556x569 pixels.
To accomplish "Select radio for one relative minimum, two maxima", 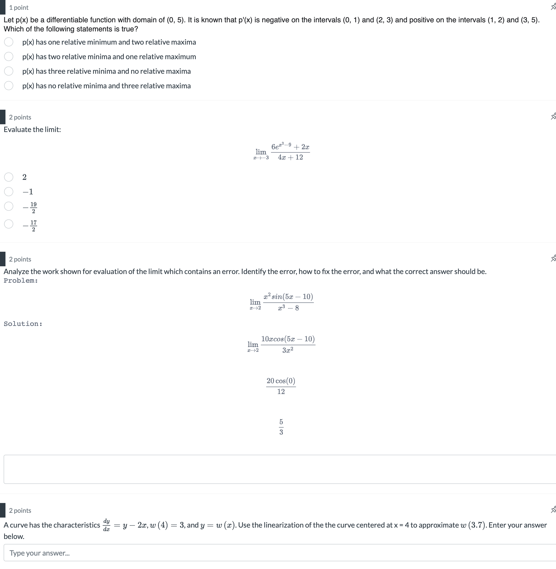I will point(9,42).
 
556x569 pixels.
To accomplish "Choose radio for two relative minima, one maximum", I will point(9,57).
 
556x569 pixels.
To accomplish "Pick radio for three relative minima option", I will point(9,71).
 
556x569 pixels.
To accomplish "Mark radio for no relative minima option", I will point(9,86).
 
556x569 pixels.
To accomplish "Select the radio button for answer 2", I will point(9,177).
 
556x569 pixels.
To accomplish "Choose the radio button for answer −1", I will point(9,192).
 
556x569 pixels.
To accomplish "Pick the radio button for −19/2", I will point(9,206).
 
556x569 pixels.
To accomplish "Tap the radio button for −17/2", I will point(9,224).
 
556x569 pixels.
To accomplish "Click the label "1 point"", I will point(19,8).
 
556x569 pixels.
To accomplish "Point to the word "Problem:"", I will point(21,281).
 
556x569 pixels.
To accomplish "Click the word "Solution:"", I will point(23,324).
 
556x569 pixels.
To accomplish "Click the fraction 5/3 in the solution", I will point(281,427).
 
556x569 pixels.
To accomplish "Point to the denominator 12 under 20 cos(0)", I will point(281,392).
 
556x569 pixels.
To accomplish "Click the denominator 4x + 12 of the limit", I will point(290,157).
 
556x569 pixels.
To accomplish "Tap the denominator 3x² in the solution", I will point(288,350).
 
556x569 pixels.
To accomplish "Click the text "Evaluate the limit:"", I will point(32,130).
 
